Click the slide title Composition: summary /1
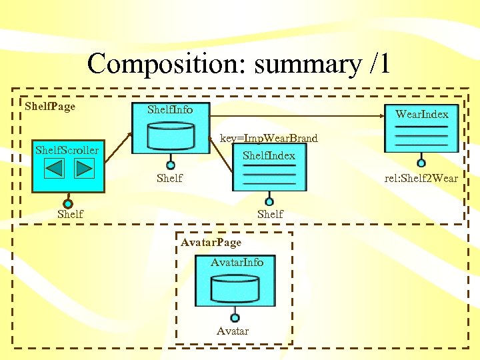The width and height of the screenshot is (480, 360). (238, 64)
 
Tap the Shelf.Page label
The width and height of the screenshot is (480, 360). (50, 106)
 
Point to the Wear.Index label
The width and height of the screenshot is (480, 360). (421, 114)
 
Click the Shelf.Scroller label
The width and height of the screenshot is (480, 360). (67, 150)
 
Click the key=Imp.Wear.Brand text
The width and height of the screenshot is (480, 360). (269, 139)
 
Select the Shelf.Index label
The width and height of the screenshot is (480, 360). (269, 155)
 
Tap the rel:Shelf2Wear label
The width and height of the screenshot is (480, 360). (421, 178)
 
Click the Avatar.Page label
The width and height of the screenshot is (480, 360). (211, 243)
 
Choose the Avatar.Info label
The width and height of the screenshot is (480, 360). (237, 263)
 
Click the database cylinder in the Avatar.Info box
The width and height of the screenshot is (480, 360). (235, 289)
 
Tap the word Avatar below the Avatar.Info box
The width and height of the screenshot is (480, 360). (233, 331)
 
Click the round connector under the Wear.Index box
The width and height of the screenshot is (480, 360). (421, 163)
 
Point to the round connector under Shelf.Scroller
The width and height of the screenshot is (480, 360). (67, 203)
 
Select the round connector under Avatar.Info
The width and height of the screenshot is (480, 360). (235, 318)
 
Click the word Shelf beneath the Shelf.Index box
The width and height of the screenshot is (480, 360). (270, 214)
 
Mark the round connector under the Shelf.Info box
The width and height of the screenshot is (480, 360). (171, 165)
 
